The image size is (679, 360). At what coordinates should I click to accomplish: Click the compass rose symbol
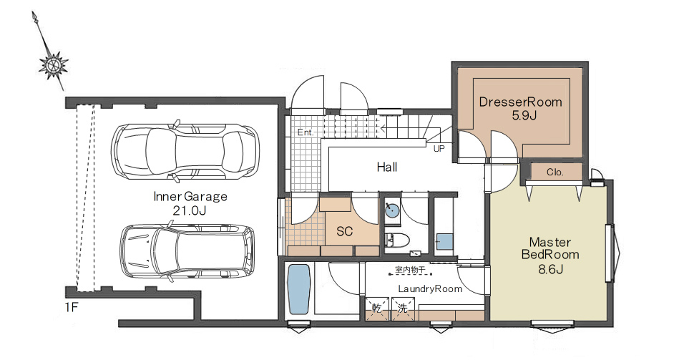(x=54, y=65)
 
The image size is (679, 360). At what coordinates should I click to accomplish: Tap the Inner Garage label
(x=190, y=197)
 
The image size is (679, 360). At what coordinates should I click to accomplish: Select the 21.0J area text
(x=189, y=211)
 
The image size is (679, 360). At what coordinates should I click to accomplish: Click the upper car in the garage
(x=185, y=151)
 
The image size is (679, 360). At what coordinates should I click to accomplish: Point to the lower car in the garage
(x=187, y=252)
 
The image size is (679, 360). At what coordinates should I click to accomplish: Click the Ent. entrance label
(x=306, y=132)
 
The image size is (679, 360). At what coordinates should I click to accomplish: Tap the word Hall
(x=386, y=167)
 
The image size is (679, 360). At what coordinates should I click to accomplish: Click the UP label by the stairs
(x=439, y=149)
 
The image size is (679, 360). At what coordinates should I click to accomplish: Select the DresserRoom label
(x=520, y=102)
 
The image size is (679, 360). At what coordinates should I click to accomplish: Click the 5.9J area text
(x=524, y=116)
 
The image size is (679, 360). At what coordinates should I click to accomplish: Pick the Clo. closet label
(x=555, y=172)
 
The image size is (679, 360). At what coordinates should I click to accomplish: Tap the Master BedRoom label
(x=550, y=248)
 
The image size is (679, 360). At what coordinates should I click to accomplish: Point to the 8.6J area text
(x=550, y=269)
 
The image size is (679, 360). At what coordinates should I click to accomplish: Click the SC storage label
(x=345, y=231)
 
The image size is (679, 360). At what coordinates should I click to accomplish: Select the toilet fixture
(x=396, y=240)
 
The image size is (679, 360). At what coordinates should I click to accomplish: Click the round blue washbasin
(x=392, y=211)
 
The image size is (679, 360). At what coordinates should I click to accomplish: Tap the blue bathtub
(x=299, y=289)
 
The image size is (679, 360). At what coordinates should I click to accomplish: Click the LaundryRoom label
(x=430, y=288)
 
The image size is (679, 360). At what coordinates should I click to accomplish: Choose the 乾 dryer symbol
(x=377, y=308)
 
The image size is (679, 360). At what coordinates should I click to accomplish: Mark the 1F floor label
(x=72, y=308)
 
